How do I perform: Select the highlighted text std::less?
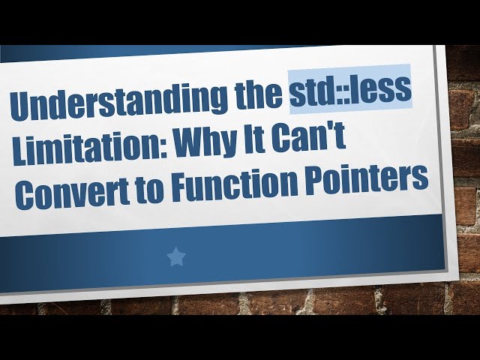coord(350,92)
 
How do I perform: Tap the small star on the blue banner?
coord(175,257)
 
